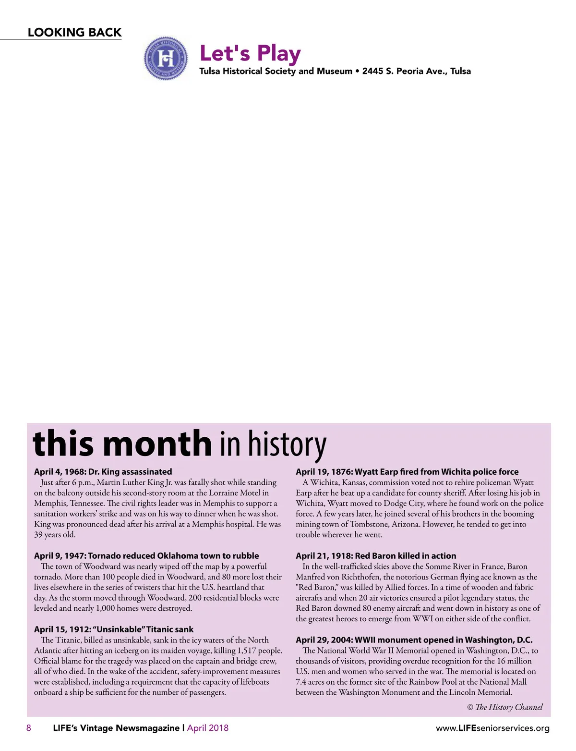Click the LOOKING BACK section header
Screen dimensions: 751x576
(74, 32)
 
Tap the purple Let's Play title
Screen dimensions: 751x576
(250, 53)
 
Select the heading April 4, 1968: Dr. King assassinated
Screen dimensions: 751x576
(103, 472)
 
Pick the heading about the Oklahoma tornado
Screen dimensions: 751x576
(146, 556)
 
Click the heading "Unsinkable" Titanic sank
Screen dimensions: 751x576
(114, 629)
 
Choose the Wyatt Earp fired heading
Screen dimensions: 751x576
(407, 472)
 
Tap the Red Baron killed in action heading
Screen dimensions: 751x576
(376, 556)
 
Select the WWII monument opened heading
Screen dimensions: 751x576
(414, 640)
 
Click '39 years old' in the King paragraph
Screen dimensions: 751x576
(55, 535)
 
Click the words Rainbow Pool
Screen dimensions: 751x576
(432, 682)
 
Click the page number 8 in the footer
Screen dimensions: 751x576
(29, 728)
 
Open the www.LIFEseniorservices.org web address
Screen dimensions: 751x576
(492, 728)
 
